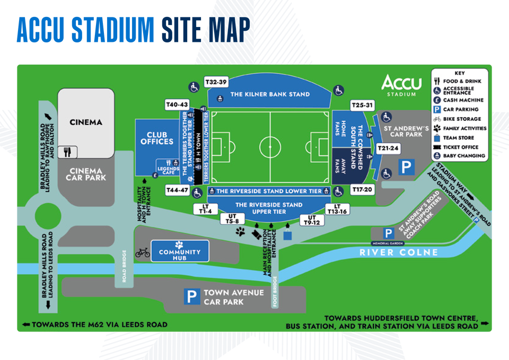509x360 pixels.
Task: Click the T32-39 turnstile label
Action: [216, 82]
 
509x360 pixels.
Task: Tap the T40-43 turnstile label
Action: [177, 104]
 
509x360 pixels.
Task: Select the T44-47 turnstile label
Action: [177, 190]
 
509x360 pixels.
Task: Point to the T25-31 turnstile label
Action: [363, 105]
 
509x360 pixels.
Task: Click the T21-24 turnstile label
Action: [388, 149]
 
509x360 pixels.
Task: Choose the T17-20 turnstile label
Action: [363, 190]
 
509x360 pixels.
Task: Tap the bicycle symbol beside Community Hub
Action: [143, 252]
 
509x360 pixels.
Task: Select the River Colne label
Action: [399, 252]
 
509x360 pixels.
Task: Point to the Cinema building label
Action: [86, 122]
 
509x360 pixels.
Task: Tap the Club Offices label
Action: [157, 138]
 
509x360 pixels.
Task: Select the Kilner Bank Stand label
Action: [270, 94]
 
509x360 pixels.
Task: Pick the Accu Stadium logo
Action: [401, 85]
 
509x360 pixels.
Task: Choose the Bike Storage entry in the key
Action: [461, 119]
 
